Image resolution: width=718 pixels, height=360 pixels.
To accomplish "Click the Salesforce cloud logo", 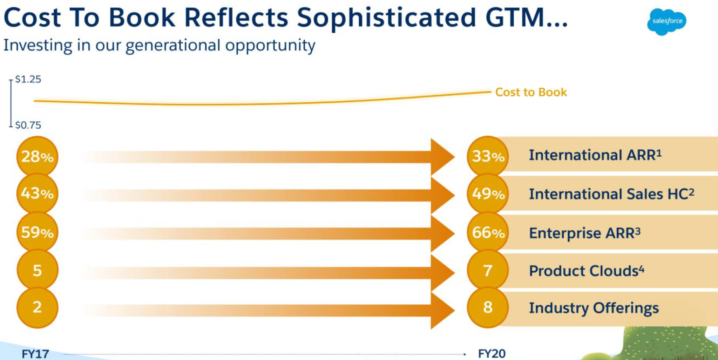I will [x=666, y=21].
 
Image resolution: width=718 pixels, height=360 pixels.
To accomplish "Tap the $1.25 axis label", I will [x=28, y=79].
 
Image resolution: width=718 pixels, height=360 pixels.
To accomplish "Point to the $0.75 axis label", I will [x=28, y=125].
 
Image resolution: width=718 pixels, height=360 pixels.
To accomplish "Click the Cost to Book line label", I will [x=531, y=92].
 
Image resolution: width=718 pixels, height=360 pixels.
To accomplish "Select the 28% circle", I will [x=37, y=156].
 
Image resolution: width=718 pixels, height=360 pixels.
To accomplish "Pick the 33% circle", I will [x=488, y=156].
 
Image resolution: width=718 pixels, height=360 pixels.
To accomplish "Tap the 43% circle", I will [x=37, y=193].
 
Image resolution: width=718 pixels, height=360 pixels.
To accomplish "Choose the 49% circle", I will [x=488, y=193].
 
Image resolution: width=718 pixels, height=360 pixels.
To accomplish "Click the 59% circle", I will [x=37, y=232].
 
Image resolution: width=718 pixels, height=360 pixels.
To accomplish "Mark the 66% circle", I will [x=488, y=232].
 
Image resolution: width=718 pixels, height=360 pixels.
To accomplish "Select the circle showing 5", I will [x=37, y=271].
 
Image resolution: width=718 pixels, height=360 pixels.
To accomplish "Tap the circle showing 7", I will [x=488, y=271].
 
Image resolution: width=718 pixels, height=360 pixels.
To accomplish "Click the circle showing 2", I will [x=37, y=307].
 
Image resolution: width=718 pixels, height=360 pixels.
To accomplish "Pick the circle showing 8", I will [x=488, y=307].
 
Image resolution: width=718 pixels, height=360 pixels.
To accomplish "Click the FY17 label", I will [x=35, y=354].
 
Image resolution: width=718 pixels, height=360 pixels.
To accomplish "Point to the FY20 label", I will [x=492, y=353].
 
